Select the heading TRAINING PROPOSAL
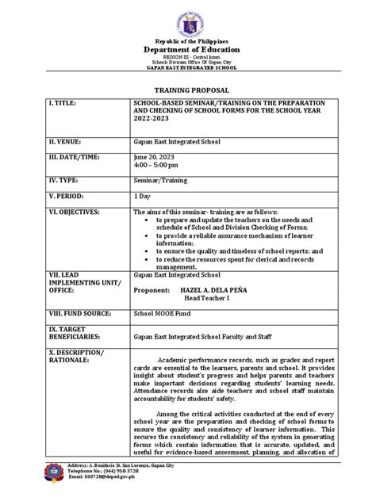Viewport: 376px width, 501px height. [x=188, y=93]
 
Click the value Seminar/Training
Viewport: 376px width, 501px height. [x=161, y=182]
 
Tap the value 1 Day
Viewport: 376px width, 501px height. [x=143, y=196]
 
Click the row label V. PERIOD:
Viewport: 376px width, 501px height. [x=69, y=196]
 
